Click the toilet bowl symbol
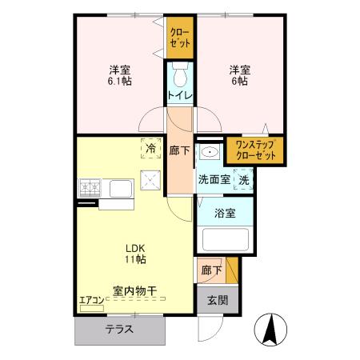click(180, 75)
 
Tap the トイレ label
click(180, 96)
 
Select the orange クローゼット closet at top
click(179, 38)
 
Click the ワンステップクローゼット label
click(255, 150)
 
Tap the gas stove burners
click(90, 189)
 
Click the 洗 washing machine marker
click(244, 179)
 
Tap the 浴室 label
click(225, 214)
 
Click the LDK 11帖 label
click(134, 253)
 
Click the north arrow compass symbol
click(270, 328)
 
